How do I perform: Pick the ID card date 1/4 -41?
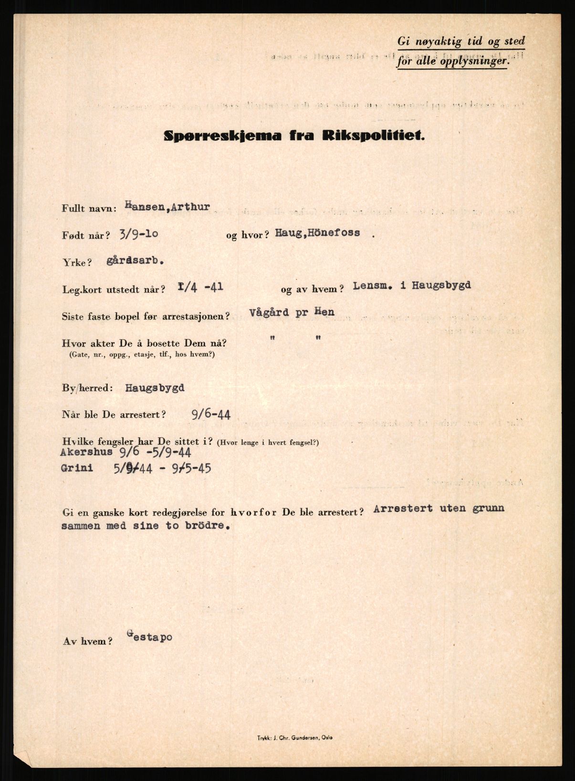click(x=199, y=287)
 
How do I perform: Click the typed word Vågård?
click(x=269, y=313)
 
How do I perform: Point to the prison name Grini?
click(x=77, y=468)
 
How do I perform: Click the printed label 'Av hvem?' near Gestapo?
click(x=88, y=641)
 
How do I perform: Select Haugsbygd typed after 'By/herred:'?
click(x=155, y=388)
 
